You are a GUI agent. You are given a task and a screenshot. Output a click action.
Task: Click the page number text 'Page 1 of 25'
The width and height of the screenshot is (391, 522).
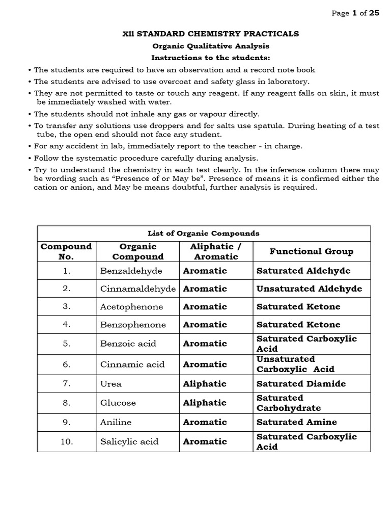click(355, 14)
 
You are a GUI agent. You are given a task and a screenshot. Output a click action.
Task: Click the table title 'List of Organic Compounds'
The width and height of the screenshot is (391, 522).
click(204, 233)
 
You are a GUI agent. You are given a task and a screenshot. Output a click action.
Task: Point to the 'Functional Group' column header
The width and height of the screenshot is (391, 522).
click(311, 251)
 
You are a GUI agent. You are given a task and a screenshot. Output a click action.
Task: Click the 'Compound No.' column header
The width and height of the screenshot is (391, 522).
click(67, 251)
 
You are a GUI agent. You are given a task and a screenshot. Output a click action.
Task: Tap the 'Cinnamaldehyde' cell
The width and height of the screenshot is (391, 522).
click(138, 289)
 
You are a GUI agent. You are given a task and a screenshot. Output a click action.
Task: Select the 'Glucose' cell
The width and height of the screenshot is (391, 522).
click(118, 403)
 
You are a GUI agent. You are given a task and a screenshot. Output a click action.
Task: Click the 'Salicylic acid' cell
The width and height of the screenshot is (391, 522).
click(129, 441)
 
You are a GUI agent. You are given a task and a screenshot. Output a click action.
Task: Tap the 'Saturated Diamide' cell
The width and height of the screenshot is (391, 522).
click(301, 384)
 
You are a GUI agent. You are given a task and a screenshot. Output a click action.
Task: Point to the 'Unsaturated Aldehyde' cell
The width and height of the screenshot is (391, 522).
click(309, 289)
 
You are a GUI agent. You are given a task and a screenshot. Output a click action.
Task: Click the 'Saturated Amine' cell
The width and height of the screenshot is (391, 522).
click(297, 422)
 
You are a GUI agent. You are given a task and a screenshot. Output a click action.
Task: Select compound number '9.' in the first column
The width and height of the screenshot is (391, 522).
click(67, 422)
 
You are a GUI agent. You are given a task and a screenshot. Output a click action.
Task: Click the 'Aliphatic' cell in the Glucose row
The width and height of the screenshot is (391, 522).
click(205, 403)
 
